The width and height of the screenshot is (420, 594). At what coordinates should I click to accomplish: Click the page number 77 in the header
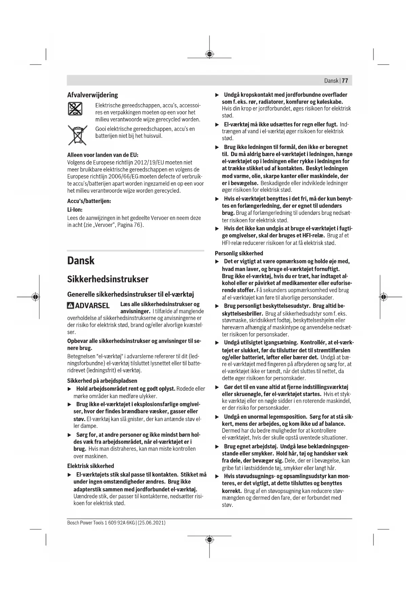(x=345, y=81)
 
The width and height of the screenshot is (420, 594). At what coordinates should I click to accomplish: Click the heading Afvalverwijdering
(x=92, y=95)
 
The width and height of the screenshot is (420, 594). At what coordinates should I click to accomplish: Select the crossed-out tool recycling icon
(x=75, y=109)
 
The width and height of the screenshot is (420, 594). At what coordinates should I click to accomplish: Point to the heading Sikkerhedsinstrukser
(x=108, y=279)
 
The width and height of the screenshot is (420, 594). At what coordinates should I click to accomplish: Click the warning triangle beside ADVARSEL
(x=70, y=305)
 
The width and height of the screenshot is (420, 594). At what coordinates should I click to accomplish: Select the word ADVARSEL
(x=92, y=305)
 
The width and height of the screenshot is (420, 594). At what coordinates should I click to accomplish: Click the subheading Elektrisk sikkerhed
(x=90, y=466)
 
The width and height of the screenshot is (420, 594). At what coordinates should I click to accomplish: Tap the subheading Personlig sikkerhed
(x=239, y=253)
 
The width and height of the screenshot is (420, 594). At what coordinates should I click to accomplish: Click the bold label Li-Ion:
(x=75, y=210)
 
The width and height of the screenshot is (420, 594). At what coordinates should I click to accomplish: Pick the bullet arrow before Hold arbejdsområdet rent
(x=70, y=389)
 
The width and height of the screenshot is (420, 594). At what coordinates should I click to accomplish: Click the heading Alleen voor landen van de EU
(x=103, y=155)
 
